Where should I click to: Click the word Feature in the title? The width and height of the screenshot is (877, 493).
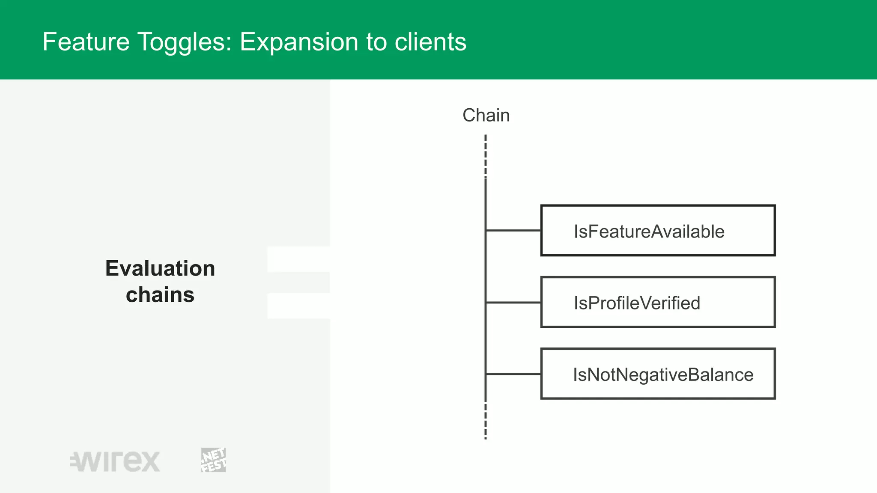click(x=86, y=42)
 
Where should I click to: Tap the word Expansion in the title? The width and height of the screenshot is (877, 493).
click(x=298, y=42)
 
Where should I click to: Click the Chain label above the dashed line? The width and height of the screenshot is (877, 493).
click(x=486, y=116)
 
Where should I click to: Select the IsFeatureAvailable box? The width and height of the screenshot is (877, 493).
click(x=658, y=231)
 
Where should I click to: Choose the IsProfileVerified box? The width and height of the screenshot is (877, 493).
click(x=658, y=302)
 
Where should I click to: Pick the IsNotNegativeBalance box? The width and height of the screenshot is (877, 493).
click(x=658, y=374)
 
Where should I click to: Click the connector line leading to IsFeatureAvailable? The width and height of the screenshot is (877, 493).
click(x=513, y=230)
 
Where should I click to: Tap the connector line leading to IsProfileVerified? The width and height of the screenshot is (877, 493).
click(x=513, y=302)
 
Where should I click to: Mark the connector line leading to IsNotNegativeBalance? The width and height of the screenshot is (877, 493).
click(x=513, y=374)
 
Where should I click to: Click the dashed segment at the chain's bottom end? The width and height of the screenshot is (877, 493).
click(x=486, y=422)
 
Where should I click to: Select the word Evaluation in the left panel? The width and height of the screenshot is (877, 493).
click(x=160, y=269)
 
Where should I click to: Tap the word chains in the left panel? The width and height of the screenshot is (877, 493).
click(x=160, y=295)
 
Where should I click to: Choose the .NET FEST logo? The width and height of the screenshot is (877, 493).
click(x=213, y=460)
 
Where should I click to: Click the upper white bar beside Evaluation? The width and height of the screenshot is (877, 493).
click(x=298, y=259)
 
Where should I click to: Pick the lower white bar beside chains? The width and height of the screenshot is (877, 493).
click(x=298, y=306)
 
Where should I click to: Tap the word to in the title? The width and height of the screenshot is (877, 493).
click(x=376, y=42)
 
